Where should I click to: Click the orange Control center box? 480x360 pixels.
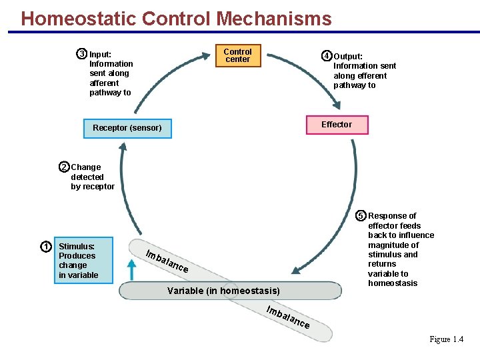pos(237,55)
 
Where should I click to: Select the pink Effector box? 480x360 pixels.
pos(336,125)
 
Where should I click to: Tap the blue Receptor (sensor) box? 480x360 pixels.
pos(127,127)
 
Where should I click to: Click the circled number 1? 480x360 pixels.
pos(46,247)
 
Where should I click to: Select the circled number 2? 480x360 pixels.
pos(64,167)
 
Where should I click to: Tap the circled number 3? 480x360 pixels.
pos(81,54)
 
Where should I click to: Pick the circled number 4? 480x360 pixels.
pos(326,56)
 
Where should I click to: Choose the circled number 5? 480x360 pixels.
pos(361,215)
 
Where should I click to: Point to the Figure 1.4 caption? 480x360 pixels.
pos(446,339)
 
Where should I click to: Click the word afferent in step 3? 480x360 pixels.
pos(104,83)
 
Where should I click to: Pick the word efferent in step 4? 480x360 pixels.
pos(371,75)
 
